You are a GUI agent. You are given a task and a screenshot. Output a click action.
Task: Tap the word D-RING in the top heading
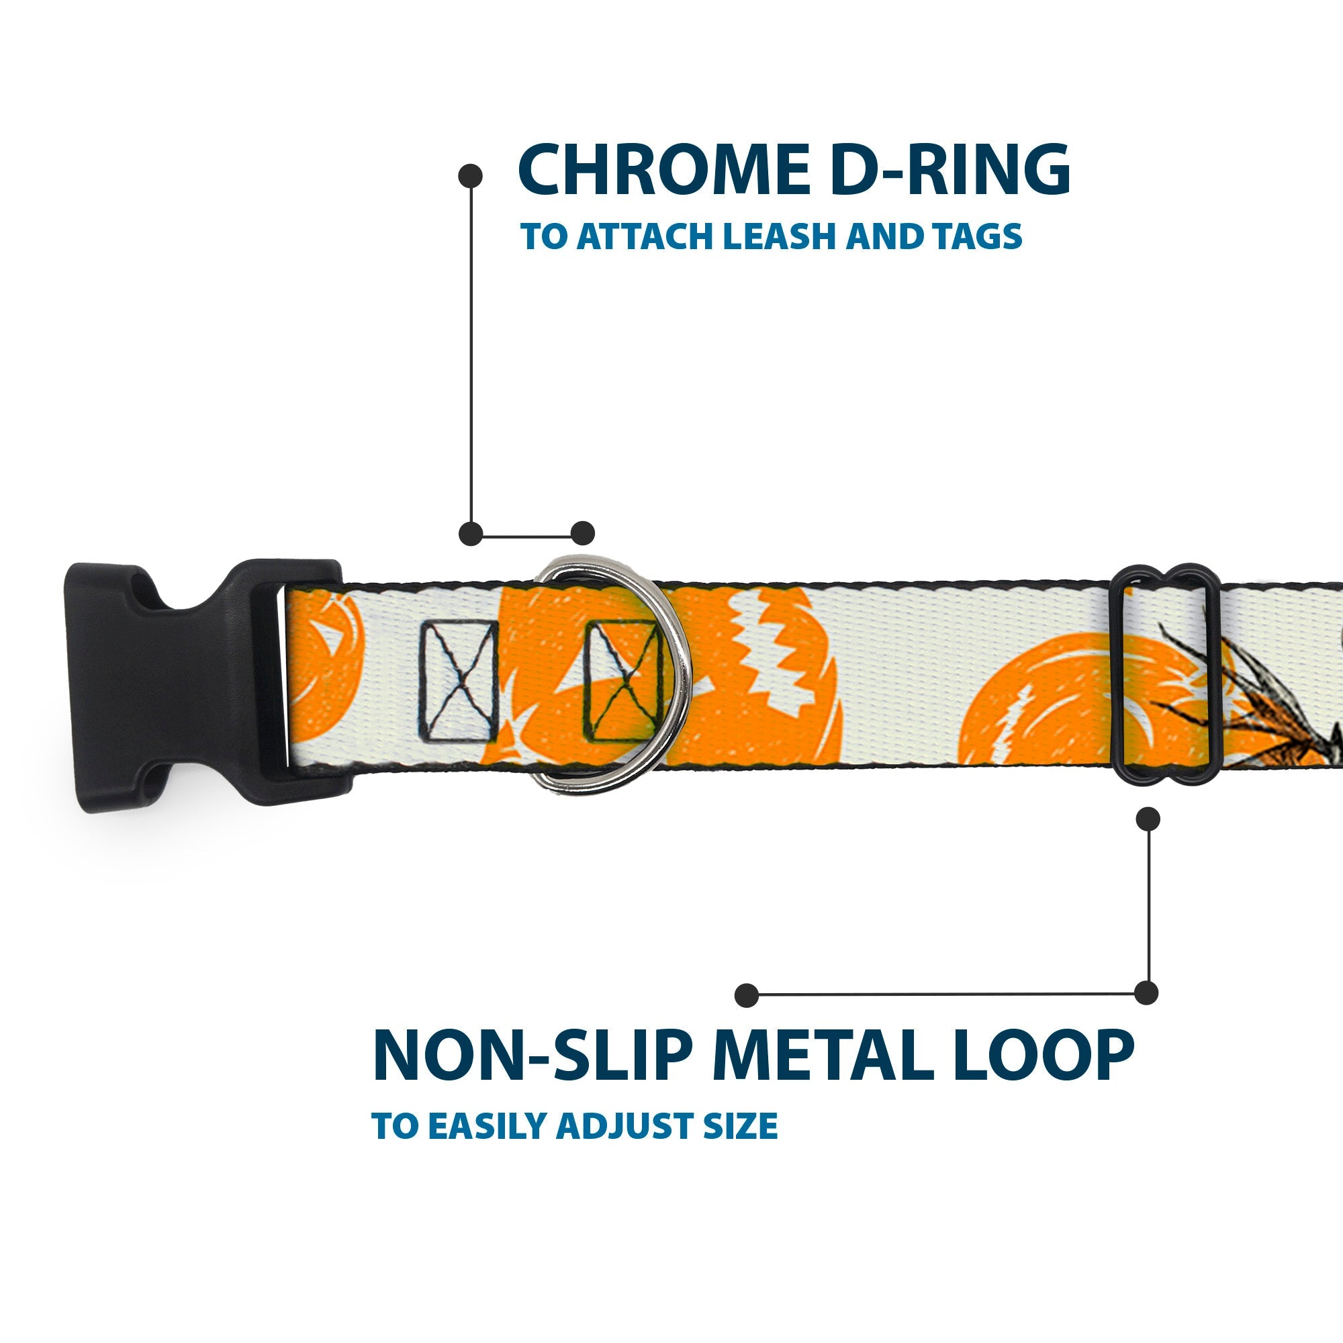[950, 171]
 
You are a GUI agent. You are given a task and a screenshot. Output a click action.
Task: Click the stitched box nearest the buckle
[458, 681]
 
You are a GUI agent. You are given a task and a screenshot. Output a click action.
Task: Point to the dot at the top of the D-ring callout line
[471, 176]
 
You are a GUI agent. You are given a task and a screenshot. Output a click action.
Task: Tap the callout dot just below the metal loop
[1147, 818]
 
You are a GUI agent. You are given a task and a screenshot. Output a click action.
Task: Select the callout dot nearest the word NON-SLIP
[746, 994]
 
